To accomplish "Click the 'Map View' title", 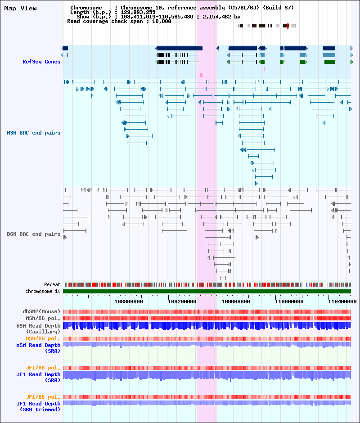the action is point(21,9).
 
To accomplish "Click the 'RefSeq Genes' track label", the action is point(41,62).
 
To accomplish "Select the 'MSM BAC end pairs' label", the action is point(34,133).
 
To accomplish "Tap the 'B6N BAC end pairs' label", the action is point(34,234).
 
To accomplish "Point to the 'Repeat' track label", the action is point(52,284).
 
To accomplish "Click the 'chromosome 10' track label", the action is point(43,291).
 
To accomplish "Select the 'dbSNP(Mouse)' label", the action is point(41,311).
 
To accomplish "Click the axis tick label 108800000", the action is point(129,301).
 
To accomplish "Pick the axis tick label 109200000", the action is point(182,301).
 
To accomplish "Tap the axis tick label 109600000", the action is point(236,301).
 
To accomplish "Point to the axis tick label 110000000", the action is point(289,301).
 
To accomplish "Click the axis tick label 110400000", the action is point(342,301).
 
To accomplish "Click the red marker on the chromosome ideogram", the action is point(288,26).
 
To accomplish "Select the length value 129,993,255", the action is point(138,12).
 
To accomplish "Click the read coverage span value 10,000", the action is point(162,21).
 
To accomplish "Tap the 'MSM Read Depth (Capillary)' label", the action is point(38,328).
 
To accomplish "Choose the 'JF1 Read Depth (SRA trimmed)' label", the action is point(38,406).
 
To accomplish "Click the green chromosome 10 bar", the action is point(207,291).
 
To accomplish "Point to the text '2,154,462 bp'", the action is point(221,17).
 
